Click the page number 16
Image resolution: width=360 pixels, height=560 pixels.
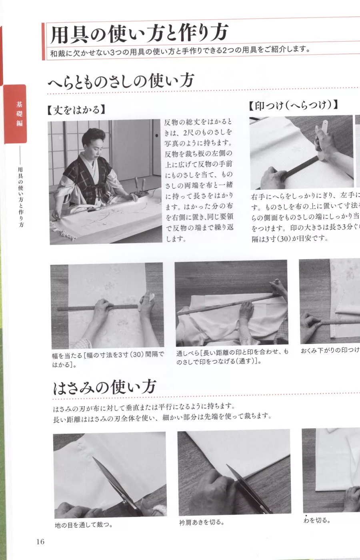40,542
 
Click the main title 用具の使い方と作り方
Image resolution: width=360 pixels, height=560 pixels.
139,33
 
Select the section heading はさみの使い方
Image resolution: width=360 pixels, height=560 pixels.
104,387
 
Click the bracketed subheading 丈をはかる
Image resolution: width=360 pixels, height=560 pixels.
76,110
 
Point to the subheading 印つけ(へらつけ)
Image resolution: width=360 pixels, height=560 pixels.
293,105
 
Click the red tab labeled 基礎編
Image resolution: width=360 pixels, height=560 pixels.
18,114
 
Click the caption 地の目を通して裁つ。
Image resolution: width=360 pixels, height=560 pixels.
84,525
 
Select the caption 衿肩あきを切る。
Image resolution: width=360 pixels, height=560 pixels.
202,522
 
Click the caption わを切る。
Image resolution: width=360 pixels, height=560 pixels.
317,520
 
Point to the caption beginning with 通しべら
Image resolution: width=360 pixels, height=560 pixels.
232,357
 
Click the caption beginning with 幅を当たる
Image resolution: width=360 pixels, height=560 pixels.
108,359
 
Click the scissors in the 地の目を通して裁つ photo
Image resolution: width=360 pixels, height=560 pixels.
116,486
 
